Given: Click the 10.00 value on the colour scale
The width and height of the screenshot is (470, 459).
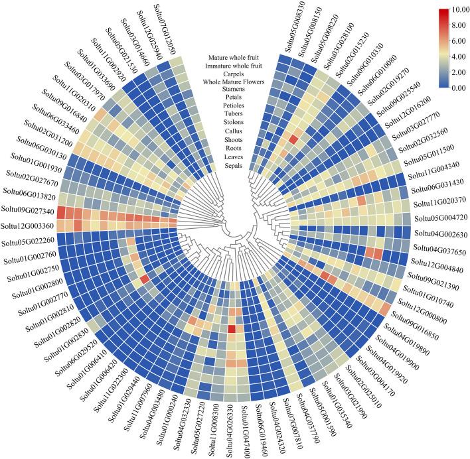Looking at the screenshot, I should pyautogui.click(x=455, y=11).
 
